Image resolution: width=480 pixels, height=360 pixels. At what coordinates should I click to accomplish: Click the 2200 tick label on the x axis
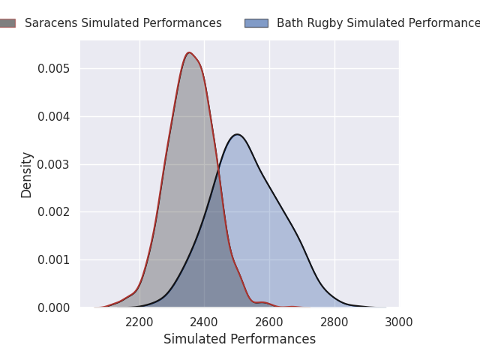coord(139,322)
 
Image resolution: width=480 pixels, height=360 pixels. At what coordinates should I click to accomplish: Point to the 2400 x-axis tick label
coord(204,322)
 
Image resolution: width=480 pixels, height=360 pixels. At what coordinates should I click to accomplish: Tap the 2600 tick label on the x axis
coord(269,322)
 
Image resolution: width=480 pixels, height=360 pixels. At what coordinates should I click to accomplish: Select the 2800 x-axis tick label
coord(334,322)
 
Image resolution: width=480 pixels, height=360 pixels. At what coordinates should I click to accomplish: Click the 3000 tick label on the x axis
coord(399,322)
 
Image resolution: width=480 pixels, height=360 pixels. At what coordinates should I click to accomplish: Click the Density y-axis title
coord(27,175)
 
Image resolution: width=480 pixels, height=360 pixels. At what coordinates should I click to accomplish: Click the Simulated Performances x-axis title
coord(239,340)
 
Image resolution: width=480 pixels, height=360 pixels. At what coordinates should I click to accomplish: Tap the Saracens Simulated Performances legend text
coord(123,23)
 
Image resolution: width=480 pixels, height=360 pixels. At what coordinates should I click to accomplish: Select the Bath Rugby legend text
coord(378,23)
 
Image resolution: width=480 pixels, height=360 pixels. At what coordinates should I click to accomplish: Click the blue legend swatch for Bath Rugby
coord(256,23)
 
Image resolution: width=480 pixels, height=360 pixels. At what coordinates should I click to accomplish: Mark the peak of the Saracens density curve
coord(189,52)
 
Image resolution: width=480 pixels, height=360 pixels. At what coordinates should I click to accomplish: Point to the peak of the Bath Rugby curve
coord(237,134)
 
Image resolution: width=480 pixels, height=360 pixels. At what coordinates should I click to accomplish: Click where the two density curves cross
coord(218,171)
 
